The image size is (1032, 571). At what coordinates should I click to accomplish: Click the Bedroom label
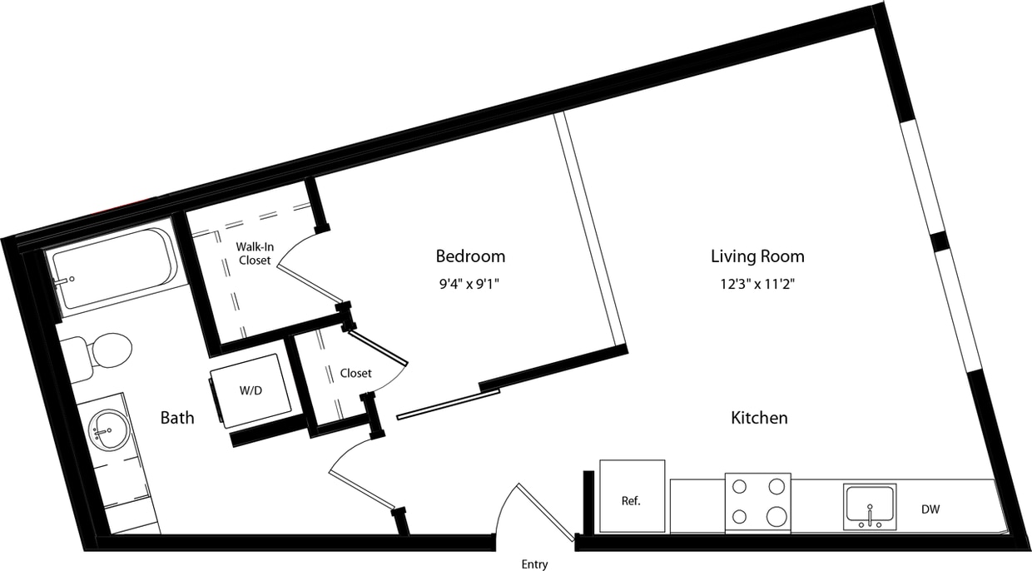point(470,256)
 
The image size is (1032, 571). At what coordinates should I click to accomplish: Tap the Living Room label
point(757,256)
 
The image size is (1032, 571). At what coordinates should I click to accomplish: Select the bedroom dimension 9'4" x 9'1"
point(470,284)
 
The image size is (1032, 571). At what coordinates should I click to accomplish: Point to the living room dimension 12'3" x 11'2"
point(757,284)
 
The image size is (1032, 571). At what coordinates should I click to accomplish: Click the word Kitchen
point(759,417)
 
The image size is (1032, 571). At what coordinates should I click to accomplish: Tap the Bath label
point(177,417)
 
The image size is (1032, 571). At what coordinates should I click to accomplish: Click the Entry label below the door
point(534,564)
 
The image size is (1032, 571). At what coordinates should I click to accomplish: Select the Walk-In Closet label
point(255,253)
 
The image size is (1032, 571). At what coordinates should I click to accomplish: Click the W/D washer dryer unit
point(251,390)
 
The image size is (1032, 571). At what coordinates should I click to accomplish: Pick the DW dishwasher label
point(930,509)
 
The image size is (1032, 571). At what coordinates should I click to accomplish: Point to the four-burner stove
point(757,502)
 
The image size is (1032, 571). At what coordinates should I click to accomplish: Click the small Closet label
point(355,373)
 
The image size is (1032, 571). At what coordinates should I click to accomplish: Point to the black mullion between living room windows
point(940,241)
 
